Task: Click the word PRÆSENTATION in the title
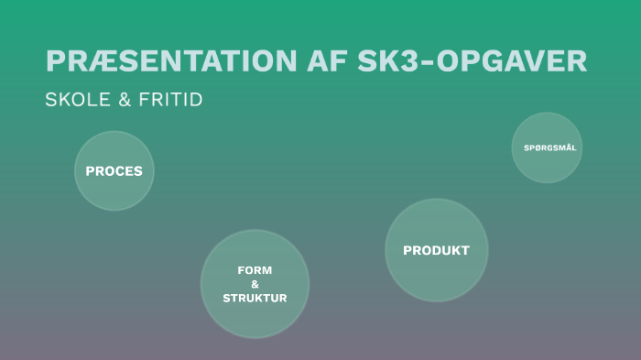pos(170,60)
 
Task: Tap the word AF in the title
pos(328,60)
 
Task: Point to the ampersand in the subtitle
pos(125,100)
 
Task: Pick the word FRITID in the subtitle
pos(170,100)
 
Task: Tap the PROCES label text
pos(114,171)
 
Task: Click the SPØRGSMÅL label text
pos(549,147)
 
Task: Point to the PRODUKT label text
pos(436,250)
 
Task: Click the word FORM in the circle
pos(255,270)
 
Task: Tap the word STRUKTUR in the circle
pos(255,298)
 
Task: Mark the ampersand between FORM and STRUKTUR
pos(255,284)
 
